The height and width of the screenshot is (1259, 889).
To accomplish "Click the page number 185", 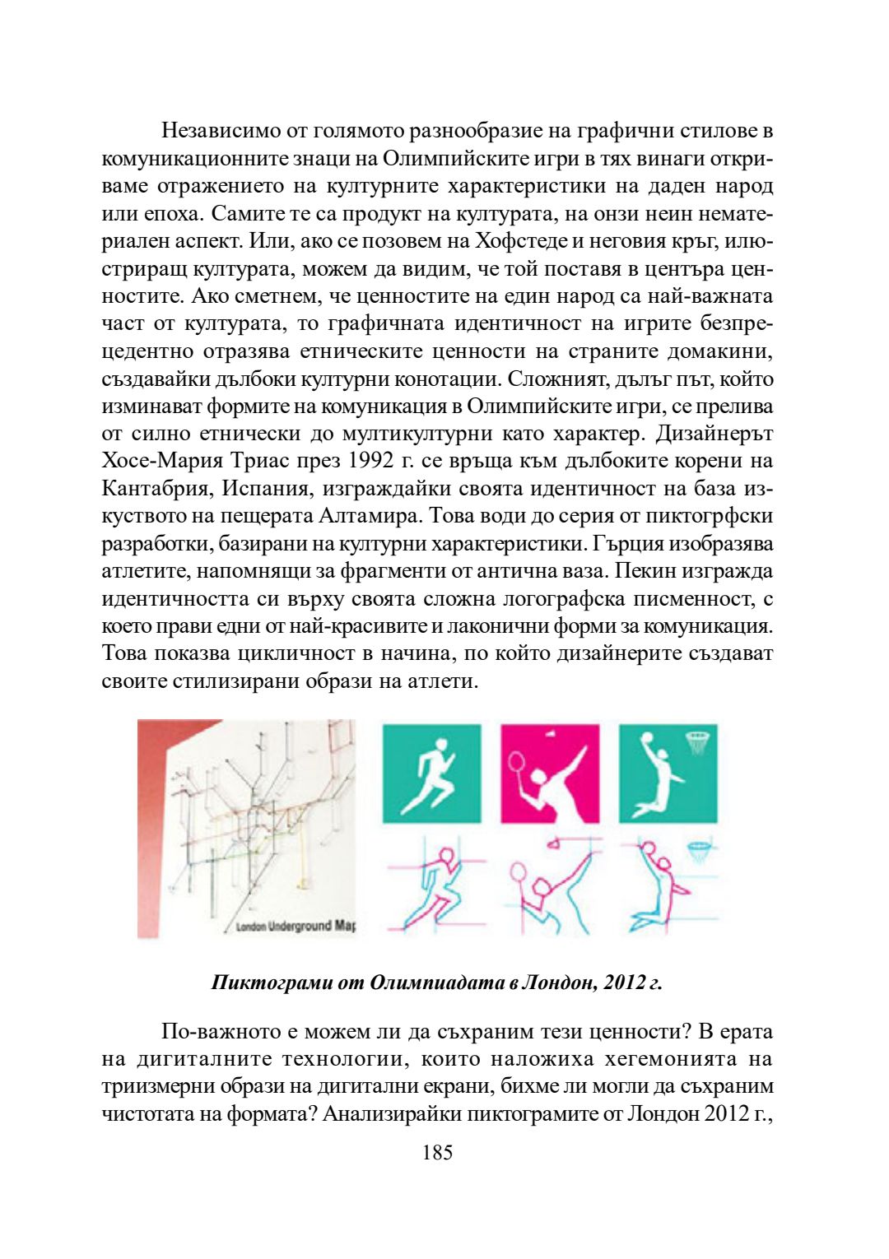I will [x=437, y=1152].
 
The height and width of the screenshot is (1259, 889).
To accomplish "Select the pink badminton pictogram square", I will [x=550, y=772].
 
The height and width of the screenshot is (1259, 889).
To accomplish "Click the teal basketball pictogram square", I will [x=668, y=772].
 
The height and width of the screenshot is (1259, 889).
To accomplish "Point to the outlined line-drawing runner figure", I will [x=433, y=885].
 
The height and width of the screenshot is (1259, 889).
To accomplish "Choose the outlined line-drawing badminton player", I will [x=550, y=885].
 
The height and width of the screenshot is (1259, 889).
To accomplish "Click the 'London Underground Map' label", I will [x=296, y=926].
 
